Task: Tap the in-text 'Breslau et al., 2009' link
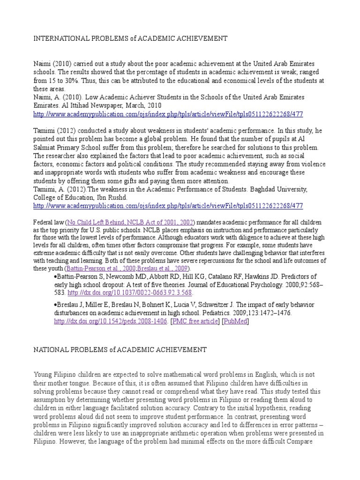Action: click(x=164, y=269)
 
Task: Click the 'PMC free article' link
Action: click(x=195, y=322)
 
